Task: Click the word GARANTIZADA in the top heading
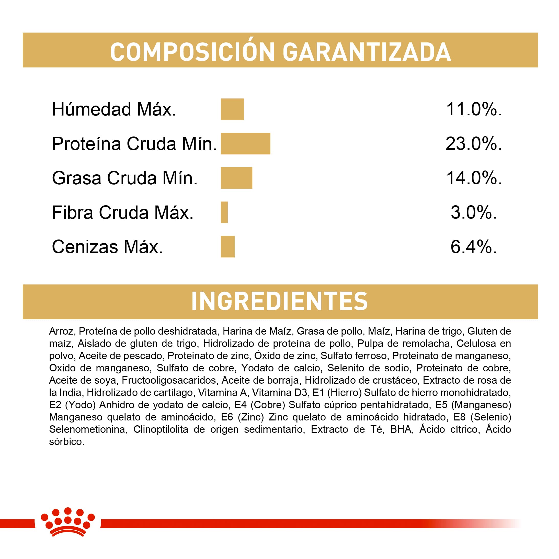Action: [367, 52]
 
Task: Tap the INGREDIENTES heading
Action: [280, 302]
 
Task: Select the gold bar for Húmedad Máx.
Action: [232, 109]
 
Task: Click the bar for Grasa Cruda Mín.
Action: [236, 178]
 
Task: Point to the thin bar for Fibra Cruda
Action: [224, 212]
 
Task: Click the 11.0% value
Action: [474, 109]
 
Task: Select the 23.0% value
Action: [474, 144]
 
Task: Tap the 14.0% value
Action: [474, 178]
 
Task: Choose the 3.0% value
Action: [474, 212]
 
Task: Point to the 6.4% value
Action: [474, 247]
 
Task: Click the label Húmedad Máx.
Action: [114, 109]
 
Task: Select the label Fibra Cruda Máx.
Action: [123, 213]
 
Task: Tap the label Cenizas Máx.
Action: [107, 247]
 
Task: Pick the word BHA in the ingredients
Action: [401, 429]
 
